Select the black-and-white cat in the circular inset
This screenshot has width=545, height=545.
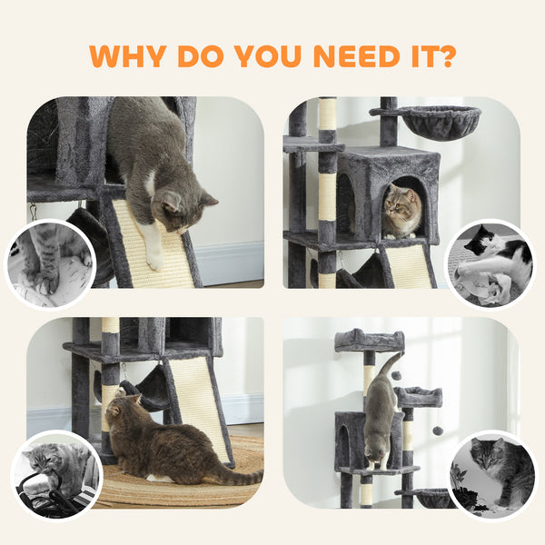(491, 263)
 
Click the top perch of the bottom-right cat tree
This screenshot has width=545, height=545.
(369, 341)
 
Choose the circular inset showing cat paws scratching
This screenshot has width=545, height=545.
(51, 263)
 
